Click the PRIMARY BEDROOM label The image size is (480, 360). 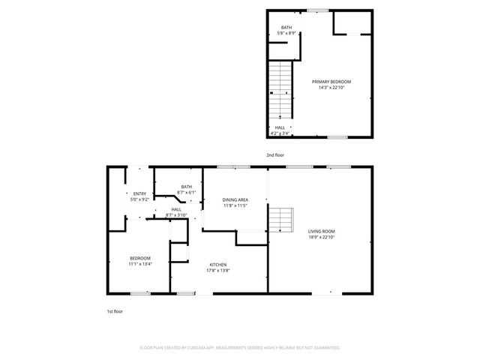[x=331, y=81]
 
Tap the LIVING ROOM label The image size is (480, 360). [x=321, y=231]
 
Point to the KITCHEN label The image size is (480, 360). [x=218, y=264]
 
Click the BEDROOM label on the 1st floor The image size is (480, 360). [x=139, y=258]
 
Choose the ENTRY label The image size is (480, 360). [x=139, y=193]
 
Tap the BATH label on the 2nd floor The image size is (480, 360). [x=286, y=28]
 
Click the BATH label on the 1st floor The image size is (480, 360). [x=186, y=187]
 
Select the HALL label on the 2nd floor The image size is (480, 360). [x=279, y=127]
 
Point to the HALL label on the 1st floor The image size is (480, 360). [x=176, y=209]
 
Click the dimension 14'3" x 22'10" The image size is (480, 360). [x=331, y=88]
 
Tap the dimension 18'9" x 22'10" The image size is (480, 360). [x=321, y=238]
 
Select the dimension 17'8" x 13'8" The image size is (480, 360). [x=218, y=271]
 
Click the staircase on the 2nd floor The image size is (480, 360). [x=280, y=86]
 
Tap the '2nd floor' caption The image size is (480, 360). [x=275, y=154]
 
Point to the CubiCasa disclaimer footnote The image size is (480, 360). [x=240, y=348]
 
